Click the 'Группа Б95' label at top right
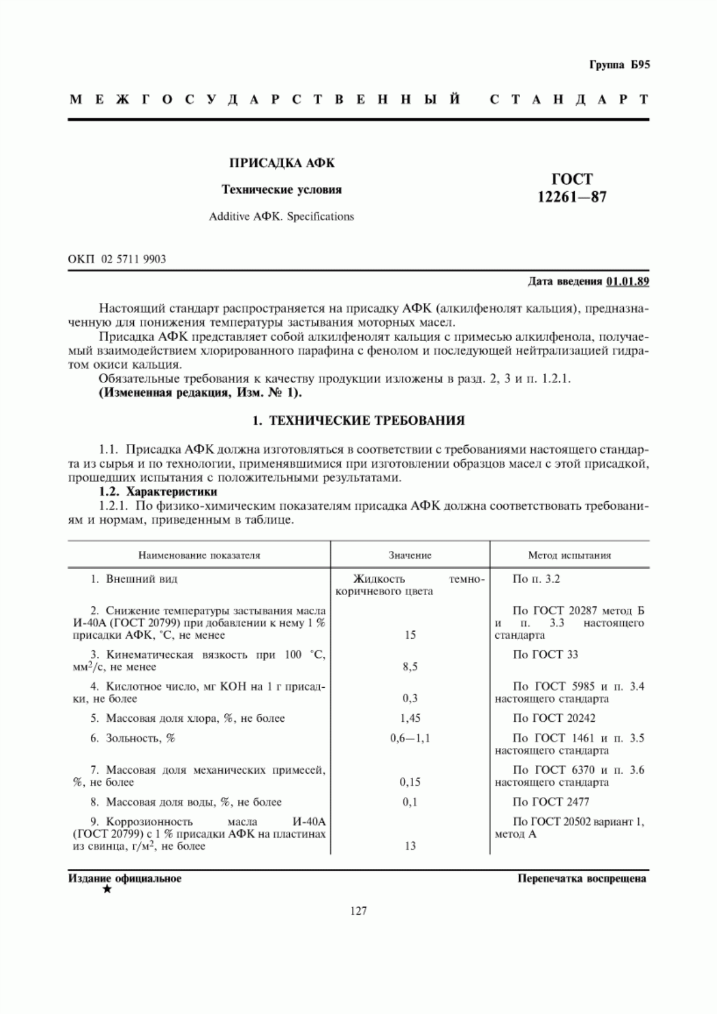click(x=619, y=65)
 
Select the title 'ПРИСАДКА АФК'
click(x=282, y=163)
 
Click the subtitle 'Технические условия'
click(x=282, y=190)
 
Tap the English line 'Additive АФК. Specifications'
click(x=281, y=216)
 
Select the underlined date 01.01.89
click(x=627, y=281)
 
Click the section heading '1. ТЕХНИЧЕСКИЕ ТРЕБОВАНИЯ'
click(x=358, y=421)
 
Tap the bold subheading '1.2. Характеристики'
click(x=158, y=492)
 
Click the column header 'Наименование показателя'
click(x=200, y=555)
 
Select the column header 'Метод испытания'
click(x=569, y=555)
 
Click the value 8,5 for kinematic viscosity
click(x=410, y=667)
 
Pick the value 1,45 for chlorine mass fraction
click(x=410, y=718)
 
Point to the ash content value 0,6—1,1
click(x=410, y=739)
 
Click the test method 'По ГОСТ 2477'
click(x=551, y=802)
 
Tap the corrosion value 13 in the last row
click(x=410, y=846)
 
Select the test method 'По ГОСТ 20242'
click(x=554, y=718)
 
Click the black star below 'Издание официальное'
click(x=107, y=890)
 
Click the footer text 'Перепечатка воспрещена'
click(x=582, y=879)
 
